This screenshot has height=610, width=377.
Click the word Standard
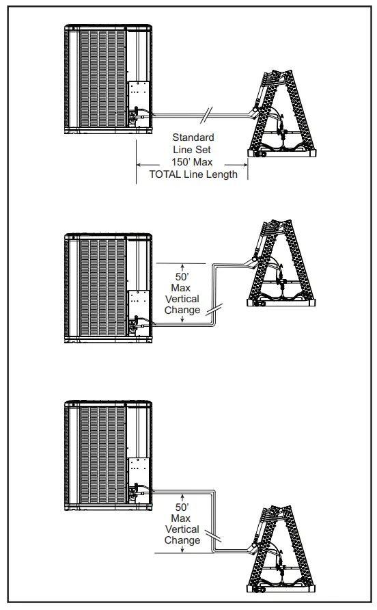[x=193, y=137]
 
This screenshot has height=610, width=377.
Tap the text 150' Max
[x=193, y=162]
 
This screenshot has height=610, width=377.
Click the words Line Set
[x=193, y=150]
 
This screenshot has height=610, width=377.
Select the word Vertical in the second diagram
[x=182, y=299]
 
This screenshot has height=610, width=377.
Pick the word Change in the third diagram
[x=182, y=540]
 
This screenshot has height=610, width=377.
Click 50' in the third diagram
[x=182, y=507]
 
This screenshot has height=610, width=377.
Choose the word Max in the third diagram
[x=182, y=518]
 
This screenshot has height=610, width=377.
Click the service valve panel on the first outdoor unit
[x=139, y=103]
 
